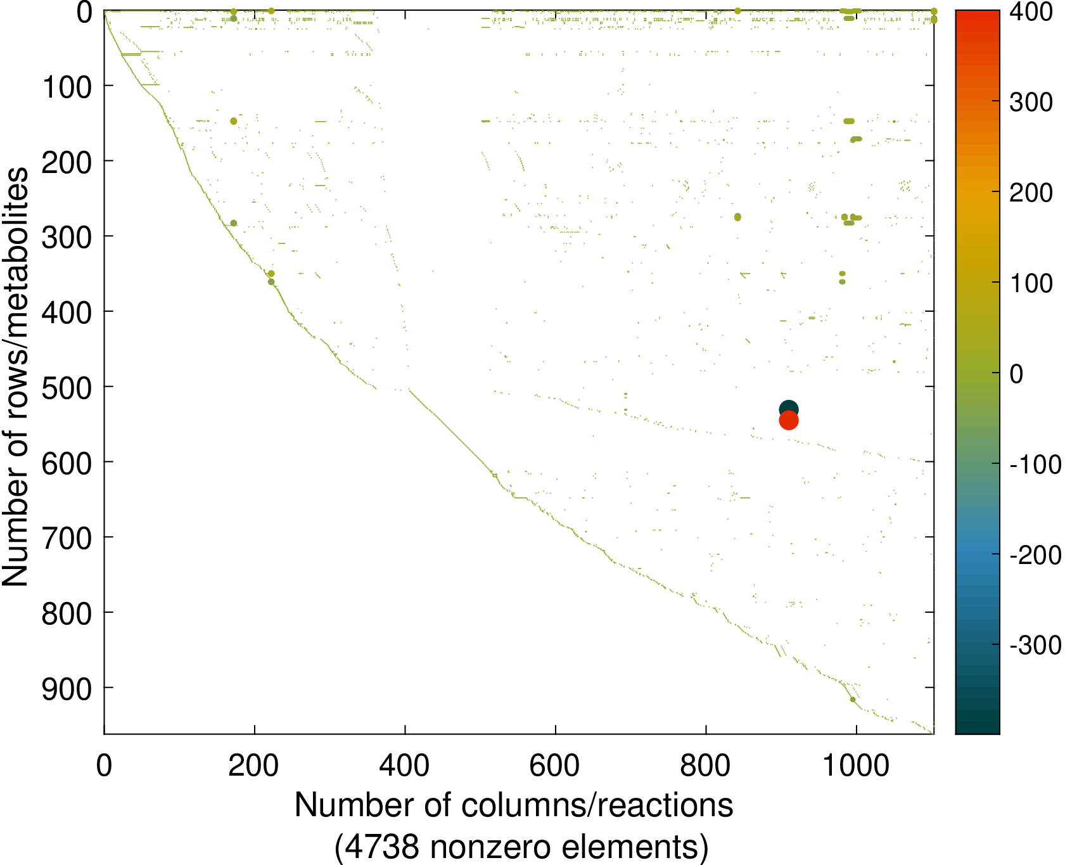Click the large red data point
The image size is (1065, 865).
pos(788,420)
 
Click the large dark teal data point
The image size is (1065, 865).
pos(788,409)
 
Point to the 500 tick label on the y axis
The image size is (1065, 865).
pos(67,387)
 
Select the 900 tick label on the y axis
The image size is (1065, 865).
pos(67,689)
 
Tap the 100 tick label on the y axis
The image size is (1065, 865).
pos(67,86)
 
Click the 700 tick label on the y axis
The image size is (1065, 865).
pos(67,538)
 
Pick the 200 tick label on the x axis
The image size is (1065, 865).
pos(254,766)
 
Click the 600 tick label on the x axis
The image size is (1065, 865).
pos(555,766)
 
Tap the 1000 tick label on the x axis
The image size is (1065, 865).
pos(856,766)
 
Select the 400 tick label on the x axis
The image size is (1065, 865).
pos(404,766)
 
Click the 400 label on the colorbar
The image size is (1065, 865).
pos(1031,12)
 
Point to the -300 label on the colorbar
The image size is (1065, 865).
pos(1035,646)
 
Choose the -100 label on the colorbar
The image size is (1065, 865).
pos(1035,465)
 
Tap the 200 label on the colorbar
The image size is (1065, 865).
pos(1031,193)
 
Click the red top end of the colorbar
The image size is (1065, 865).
pos(977,14)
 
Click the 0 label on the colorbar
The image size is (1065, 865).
pos(1016,375)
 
